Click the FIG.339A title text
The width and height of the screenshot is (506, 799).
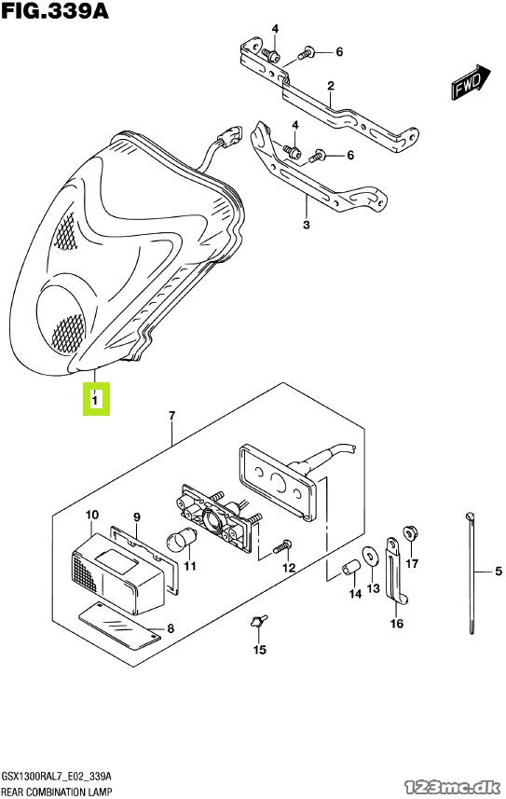pos(55,10)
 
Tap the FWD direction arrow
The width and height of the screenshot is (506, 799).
pos(471,81)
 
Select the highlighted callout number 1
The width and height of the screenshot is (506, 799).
pos(95,399)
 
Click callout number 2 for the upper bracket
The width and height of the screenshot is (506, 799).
pos(331,86)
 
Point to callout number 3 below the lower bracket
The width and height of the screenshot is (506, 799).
pos(307,224)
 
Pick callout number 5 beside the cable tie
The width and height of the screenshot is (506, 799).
pos(498,572)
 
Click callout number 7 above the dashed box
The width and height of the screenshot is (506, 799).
pos(171,417)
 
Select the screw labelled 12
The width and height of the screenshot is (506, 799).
pos(281,546)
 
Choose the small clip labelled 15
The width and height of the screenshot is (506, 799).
pos(258,621)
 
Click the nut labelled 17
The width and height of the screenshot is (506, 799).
pos(410,533)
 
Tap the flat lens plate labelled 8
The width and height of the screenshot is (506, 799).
pos(120,626)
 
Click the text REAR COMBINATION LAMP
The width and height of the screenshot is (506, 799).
pos(57,792)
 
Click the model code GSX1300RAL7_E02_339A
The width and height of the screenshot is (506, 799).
pos(56,777)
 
